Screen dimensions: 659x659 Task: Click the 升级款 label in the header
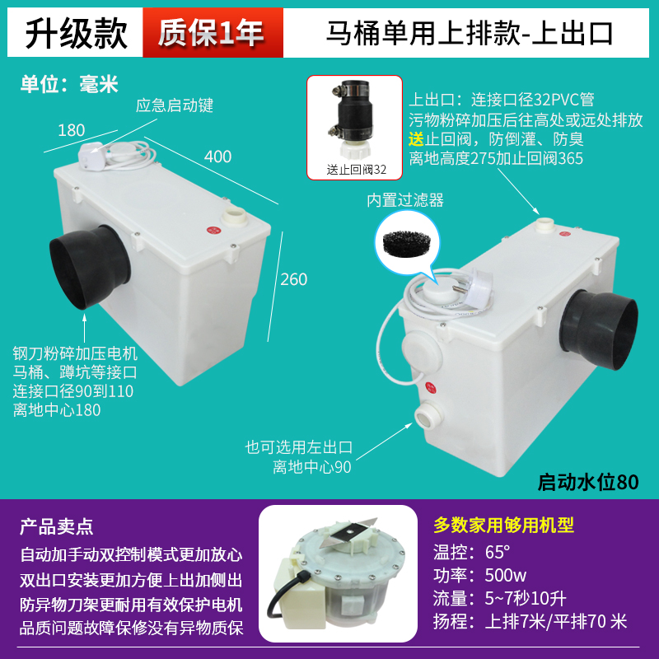coord(76,33)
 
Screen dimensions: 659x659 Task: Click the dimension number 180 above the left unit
coord(72,129)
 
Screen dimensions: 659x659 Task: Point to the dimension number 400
coord(217,156)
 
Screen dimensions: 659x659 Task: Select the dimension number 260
coord(293,279)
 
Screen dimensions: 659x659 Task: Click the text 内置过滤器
coord(404,200)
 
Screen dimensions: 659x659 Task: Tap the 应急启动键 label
coord(175,105)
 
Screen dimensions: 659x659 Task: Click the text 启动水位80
coord(587,481)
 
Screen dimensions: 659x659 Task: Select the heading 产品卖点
coord(57,526)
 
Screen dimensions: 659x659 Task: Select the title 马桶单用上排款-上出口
coord(470,33)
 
